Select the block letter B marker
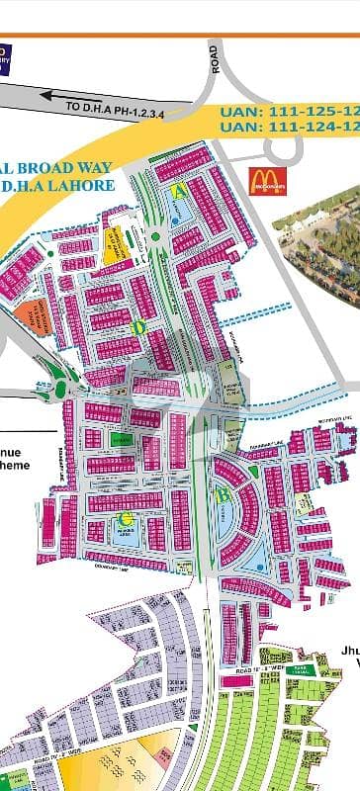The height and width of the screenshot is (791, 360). pyautogui.click(x=225, y=491)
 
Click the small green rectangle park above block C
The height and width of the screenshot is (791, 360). pyautogui.click(x=121, y=439)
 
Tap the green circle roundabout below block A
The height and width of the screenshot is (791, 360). pyautogui.click(x=157, y=237)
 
